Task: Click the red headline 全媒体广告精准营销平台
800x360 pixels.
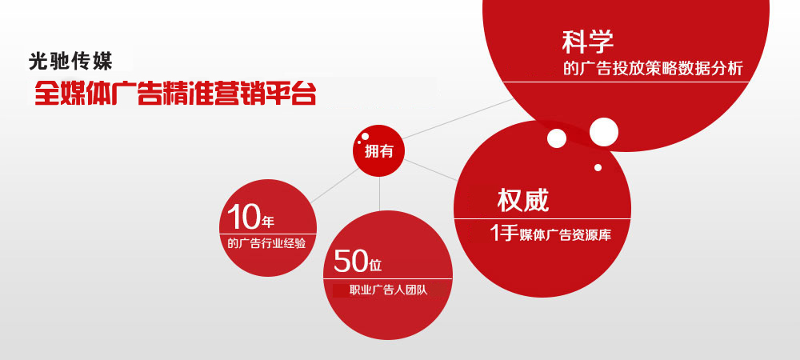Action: tap(174, 93)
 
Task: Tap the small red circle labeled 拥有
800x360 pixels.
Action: tap(379, 150)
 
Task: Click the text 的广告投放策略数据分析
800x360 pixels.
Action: tap(653, 69)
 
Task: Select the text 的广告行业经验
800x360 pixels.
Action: tap(266, 243)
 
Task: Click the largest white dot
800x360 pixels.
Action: tap(604, 132)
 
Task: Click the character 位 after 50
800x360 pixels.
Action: tap(375, 263)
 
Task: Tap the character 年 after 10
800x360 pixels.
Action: tap(268, 220)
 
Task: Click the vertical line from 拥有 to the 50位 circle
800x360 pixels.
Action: tap(379, 192)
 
